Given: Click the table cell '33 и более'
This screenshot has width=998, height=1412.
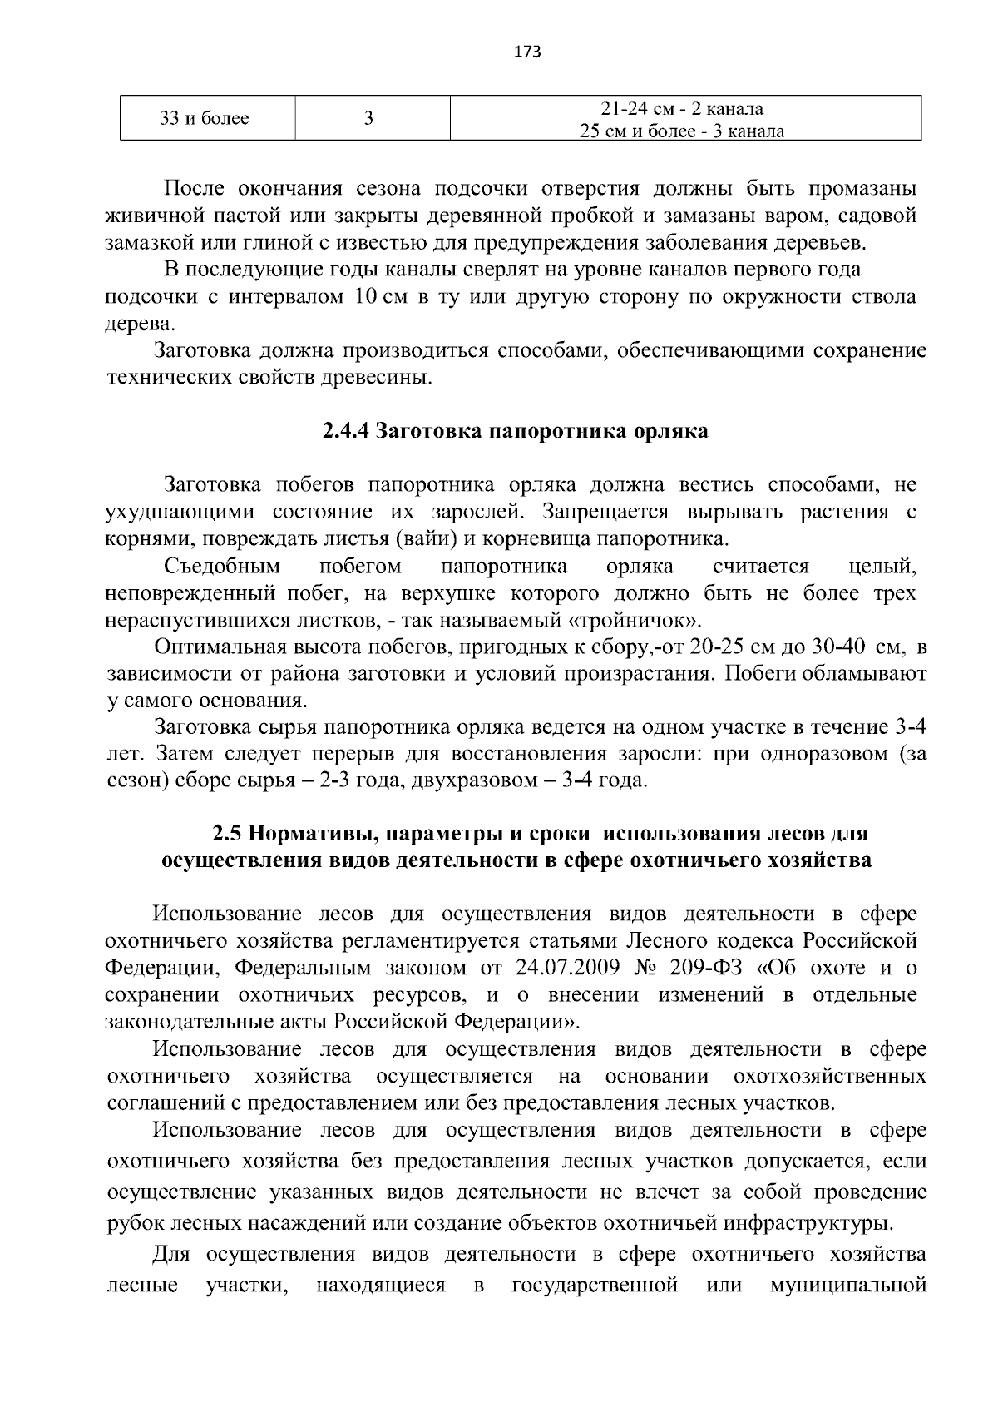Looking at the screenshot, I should point(205,118).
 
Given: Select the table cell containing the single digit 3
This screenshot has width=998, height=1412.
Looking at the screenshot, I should point(368,118).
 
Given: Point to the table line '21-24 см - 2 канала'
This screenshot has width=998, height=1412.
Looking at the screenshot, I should point(682,109).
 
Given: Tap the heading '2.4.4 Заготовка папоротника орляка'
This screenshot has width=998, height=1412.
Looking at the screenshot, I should point(516,431).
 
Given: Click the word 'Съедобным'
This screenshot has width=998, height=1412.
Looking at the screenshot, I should point(222,567).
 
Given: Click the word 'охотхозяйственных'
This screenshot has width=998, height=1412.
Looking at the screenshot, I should point(830,1076).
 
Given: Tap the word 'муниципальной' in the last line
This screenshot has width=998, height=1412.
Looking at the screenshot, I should point(848,1286).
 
